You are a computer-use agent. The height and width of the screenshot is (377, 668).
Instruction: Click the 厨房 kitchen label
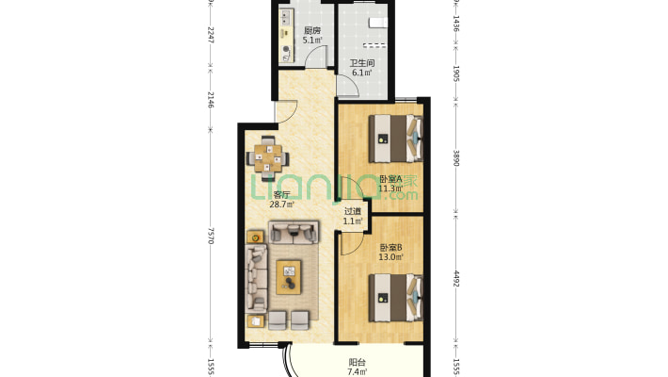tap(312, 31)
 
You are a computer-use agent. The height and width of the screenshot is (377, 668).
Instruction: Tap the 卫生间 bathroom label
tap(363, 62)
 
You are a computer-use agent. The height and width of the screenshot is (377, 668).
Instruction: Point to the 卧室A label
tap(390, 178)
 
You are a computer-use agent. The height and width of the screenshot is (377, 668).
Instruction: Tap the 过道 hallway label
tap(352, 212)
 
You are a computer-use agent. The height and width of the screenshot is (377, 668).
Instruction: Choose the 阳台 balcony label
tap(358, 362)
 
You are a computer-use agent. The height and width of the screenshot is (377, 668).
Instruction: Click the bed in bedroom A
tap(398, 138)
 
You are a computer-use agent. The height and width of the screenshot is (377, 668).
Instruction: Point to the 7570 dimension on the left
tap(211, 236)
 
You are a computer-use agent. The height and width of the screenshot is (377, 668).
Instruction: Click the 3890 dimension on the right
tap(455, 157)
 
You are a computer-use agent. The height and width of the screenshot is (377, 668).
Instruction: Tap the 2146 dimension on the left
tap(211, 100)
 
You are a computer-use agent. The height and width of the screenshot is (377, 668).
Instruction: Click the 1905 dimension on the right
tap(455, 75)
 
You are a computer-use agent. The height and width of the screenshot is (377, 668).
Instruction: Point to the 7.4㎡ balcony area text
tap(358, 371)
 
